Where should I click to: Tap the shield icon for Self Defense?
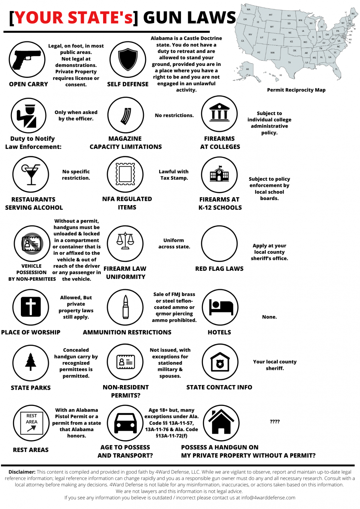coord(128,59)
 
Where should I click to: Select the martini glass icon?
coord(31,174)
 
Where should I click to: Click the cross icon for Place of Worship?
coord(31,307)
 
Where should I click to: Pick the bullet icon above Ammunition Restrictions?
coord(126,307)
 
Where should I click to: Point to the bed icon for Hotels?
coord(220,307)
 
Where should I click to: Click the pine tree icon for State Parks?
coord(31,362)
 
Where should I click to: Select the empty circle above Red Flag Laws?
coord(219,244)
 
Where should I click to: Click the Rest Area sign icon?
coord(31,423)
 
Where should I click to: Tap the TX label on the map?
coord(289,62)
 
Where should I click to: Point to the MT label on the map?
coord(270,15)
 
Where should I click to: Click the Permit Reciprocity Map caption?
coord(296,90)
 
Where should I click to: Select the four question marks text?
coord(274,422)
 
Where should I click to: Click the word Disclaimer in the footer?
coord(22,472)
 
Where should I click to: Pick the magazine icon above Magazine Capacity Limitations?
coord(126,116)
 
